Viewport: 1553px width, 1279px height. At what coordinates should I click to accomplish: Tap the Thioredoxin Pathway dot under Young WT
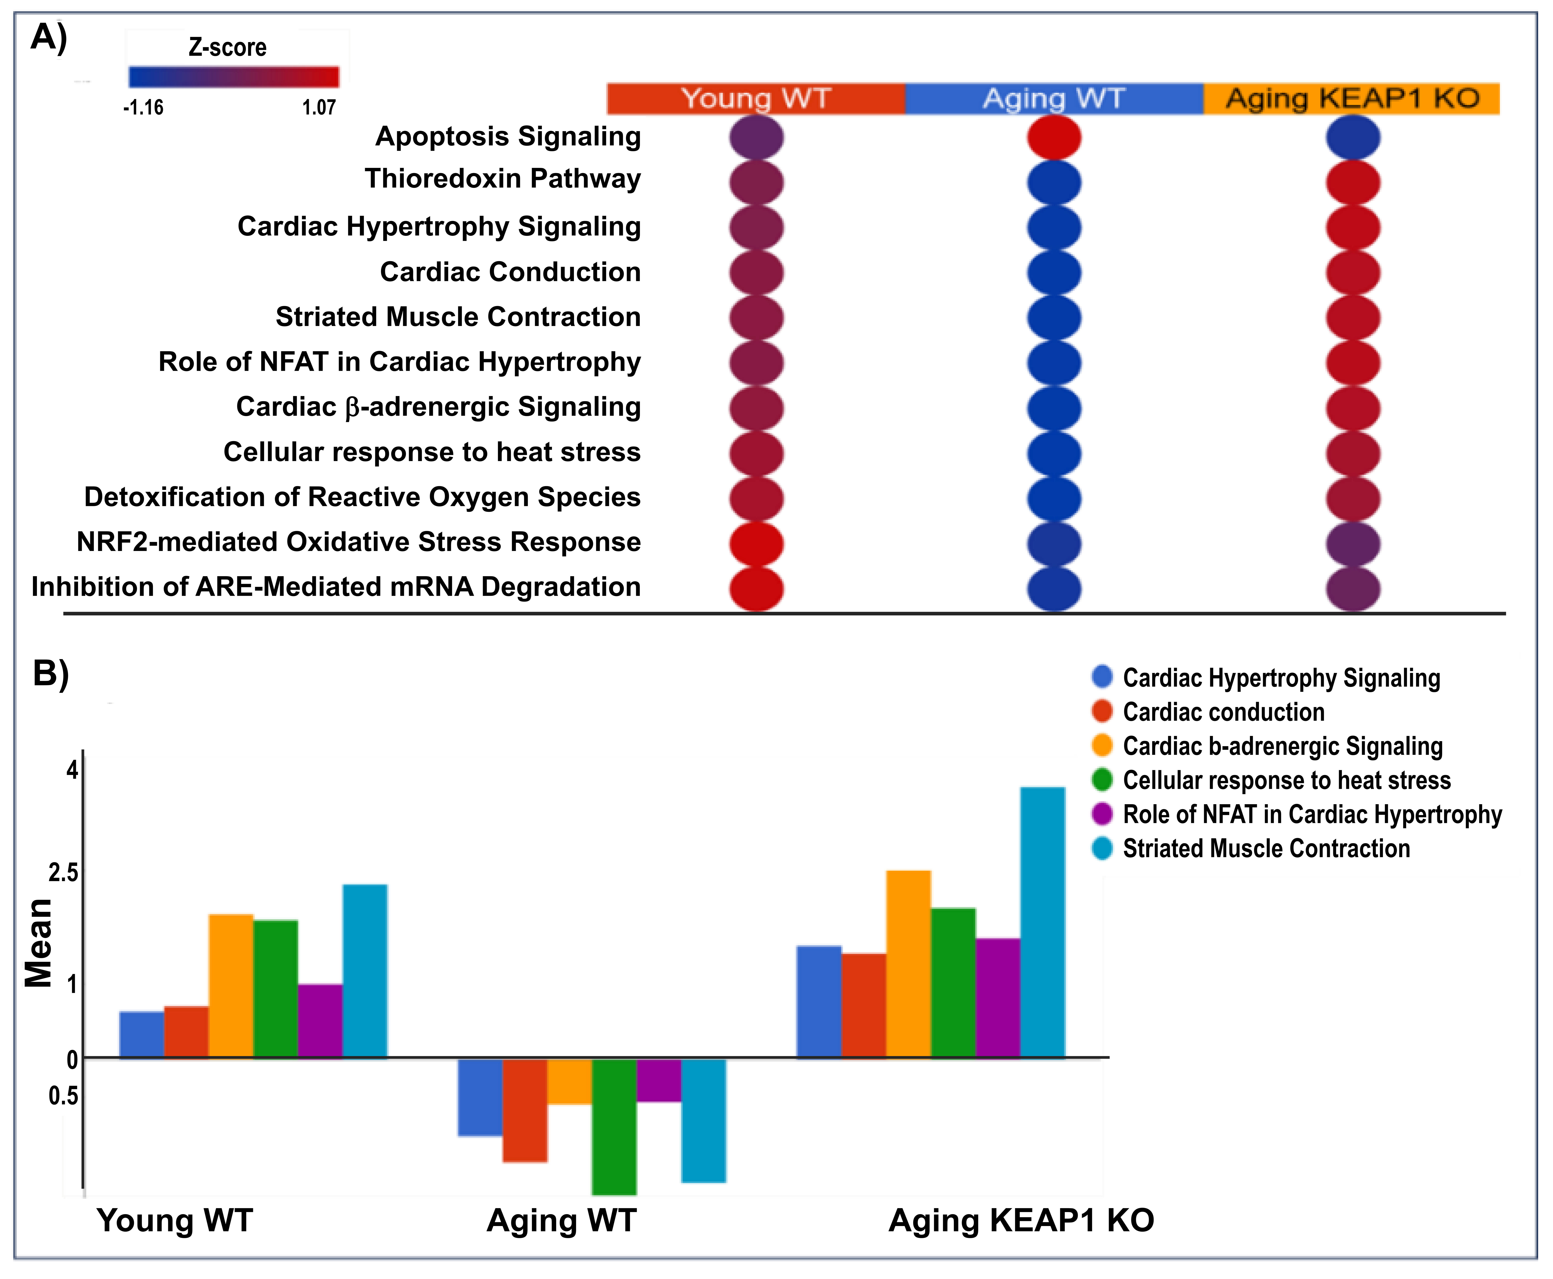click(x=757, y=182)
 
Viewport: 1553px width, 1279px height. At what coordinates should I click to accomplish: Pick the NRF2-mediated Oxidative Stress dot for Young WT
click(x=757, y=544)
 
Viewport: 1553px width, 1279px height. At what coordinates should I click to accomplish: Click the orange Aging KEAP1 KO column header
click(x=1351, y=99)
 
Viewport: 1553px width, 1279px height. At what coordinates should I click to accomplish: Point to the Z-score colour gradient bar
click(x=234, y=77)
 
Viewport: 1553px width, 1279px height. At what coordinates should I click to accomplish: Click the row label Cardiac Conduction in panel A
click(x=510, y=272)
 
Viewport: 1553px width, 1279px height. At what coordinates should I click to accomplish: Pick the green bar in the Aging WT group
click(x=614, y=1126)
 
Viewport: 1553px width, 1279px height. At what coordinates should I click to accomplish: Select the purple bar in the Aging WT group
click(x=659, y=1080)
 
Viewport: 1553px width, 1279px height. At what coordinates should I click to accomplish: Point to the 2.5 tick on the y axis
click(x=63, y=873)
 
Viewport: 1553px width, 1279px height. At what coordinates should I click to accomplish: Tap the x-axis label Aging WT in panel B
click(x=561, y=1221)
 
